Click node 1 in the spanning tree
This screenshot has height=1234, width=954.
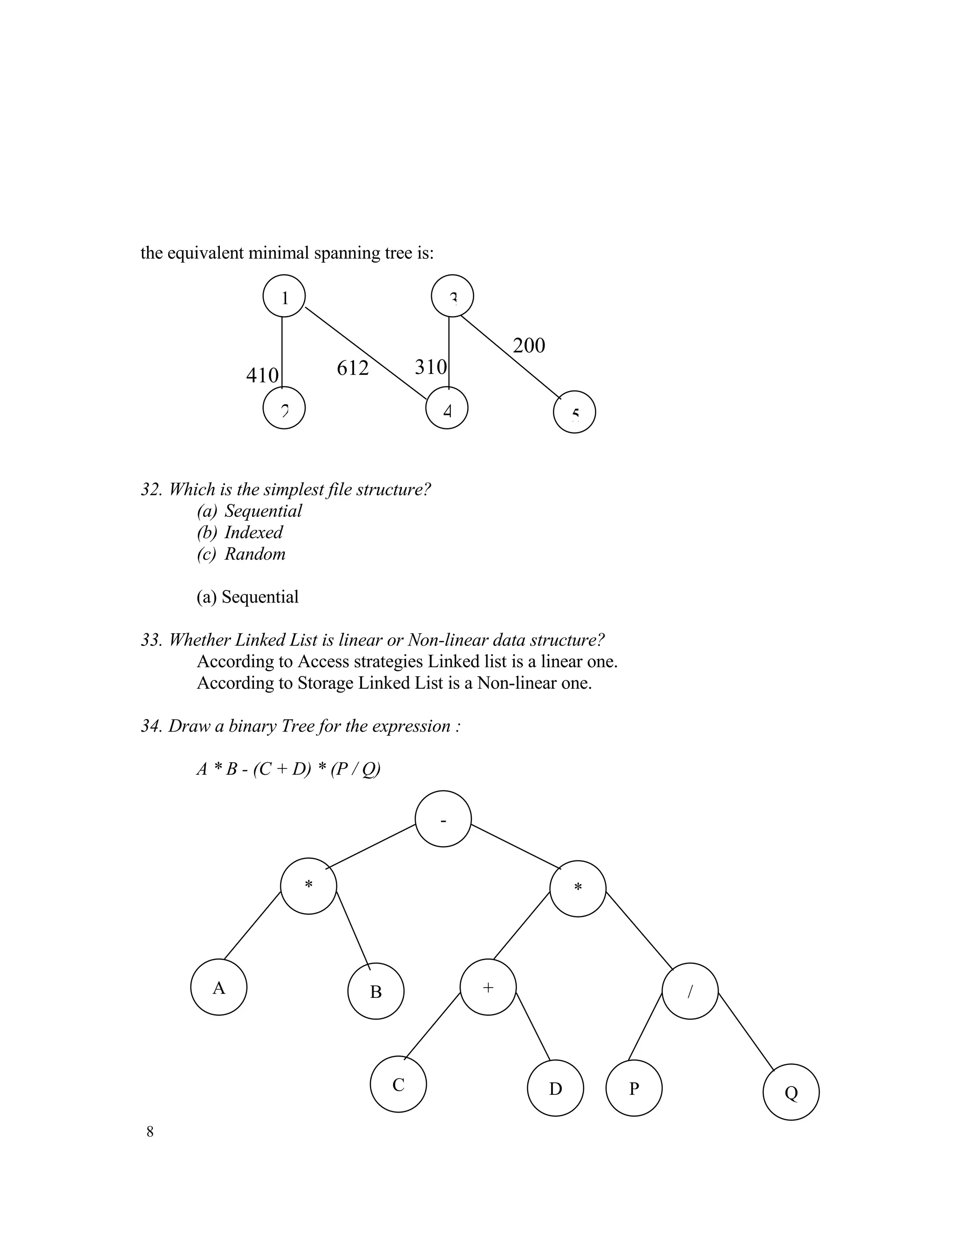(x=284, y=296)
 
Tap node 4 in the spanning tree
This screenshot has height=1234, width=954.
(x=446, y=408)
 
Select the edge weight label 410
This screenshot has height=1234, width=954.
(x=262, y=375)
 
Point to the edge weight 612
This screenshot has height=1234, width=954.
(x=353, y=368)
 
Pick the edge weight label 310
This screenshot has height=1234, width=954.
(x=431, y=367)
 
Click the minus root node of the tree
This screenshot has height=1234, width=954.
(x=443, y=819)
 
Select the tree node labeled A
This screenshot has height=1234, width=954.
(x=219, y=987)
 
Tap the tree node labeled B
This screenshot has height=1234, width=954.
(x=376, y=991)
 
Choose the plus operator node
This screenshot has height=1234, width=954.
(x=488, y=987)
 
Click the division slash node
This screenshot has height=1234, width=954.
(x=689, y=991)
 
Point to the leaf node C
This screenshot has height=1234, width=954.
(x=398, y=1084)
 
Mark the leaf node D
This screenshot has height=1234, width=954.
(x=555, y=1088)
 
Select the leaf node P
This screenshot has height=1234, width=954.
(x=634, y=1088)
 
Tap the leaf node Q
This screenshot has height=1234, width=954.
(x=790, y=1092)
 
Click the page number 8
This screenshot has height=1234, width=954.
(x=150, y=1132)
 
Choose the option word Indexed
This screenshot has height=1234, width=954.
(x=253, y=532)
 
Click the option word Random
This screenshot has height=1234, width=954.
(x=255, y=554)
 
